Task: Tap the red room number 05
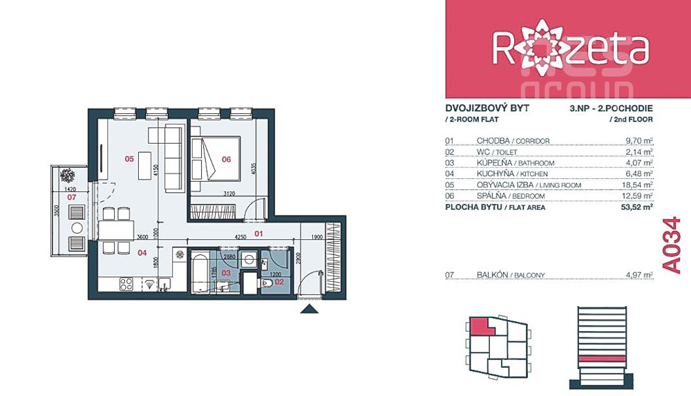point(129,158)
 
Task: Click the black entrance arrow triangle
point(309,308)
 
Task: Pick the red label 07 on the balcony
point(71,197)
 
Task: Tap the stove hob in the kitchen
point(127,283)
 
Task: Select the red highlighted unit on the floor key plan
point(481,326)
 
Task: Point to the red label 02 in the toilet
point(279,281)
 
